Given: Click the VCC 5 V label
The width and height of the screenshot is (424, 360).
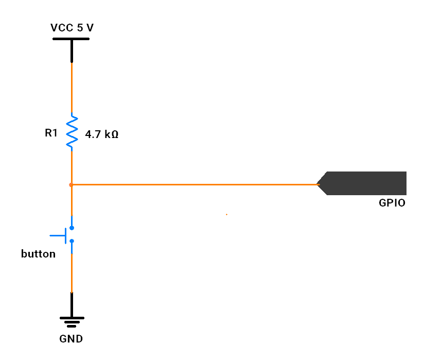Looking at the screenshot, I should [x=72, y=28].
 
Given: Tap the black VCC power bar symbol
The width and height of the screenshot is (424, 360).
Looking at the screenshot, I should [x=71, y=39].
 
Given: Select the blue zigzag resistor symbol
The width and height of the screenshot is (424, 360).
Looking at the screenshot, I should [x=72, y=132].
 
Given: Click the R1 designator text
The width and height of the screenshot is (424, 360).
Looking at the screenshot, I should [x=51, y=133].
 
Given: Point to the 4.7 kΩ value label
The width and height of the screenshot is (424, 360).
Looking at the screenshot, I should [x=102, y=135].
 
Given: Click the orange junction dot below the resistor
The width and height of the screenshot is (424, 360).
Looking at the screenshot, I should [x=71, y=184].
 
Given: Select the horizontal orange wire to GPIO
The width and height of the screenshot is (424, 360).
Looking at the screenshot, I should [x=196, y=184].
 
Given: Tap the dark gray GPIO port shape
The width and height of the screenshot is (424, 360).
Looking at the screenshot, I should [x=365, y=183].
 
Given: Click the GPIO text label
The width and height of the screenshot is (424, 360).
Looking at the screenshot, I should [x=392, y=203].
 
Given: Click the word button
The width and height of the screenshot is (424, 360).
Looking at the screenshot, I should [x=38, y=254].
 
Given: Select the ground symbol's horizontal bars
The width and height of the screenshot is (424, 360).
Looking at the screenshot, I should [x=72, y=322].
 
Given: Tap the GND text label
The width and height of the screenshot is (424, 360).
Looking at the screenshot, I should [x=71, y=339].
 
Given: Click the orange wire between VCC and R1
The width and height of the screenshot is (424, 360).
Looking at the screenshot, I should [x=72, y=88].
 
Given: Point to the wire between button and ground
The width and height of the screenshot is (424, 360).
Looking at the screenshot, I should [x=72, y=273].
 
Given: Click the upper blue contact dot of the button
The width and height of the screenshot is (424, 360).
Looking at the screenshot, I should [x=72, y=227].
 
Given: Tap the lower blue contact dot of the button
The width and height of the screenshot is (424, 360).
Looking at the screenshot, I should [x=72, y=241].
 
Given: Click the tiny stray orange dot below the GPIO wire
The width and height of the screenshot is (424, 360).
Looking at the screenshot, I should [x=226, y=214].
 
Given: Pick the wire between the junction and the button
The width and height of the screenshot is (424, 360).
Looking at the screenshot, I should [x=72, y=203].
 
